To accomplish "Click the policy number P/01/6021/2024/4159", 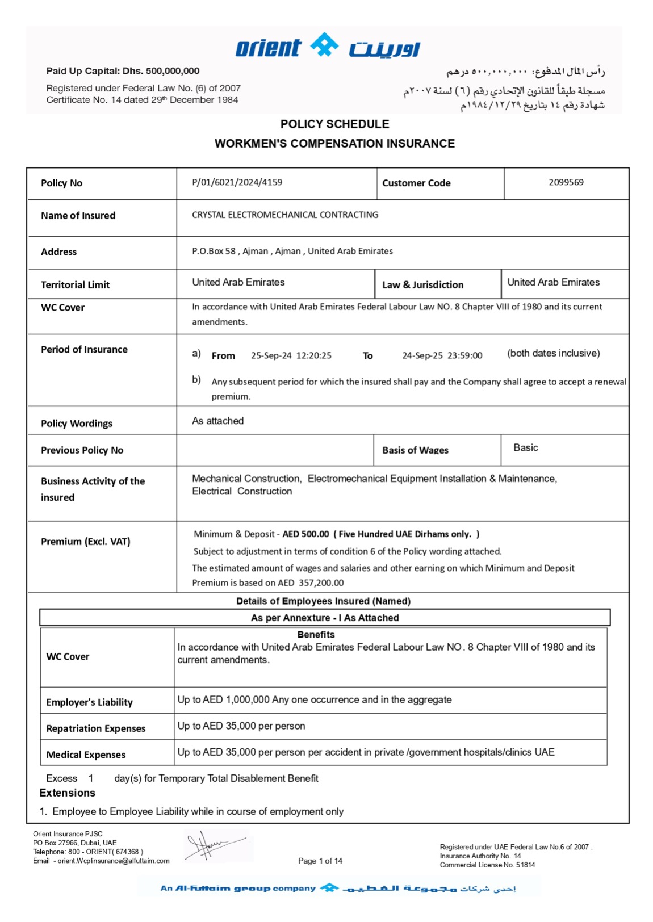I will coord(237,182).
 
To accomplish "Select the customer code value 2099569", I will coord(566,182).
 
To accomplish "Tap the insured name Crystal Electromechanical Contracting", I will coord(285,215).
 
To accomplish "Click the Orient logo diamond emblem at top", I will coord(324,45).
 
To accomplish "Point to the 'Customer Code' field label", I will coord(416,183).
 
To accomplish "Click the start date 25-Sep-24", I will coord(271,355).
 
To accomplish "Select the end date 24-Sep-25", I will coord(422,355).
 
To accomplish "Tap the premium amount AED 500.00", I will coord(305,534).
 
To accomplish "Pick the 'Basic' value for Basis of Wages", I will coord(525,447).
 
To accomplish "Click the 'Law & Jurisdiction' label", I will coord(422,284).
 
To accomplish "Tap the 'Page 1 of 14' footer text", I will coord(320,861).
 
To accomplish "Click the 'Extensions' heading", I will coord(68,793).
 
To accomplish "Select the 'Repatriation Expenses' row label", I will coord(96,728).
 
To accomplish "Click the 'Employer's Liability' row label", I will coord(90,702).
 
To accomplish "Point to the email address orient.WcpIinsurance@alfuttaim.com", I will coord(114,861).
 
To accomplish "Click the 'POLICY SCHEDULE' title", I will coord(334,124).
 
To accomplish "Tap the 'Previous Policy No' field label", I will coord(82,450).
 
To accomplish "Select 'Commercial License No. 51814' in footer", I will coord(487,865).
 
